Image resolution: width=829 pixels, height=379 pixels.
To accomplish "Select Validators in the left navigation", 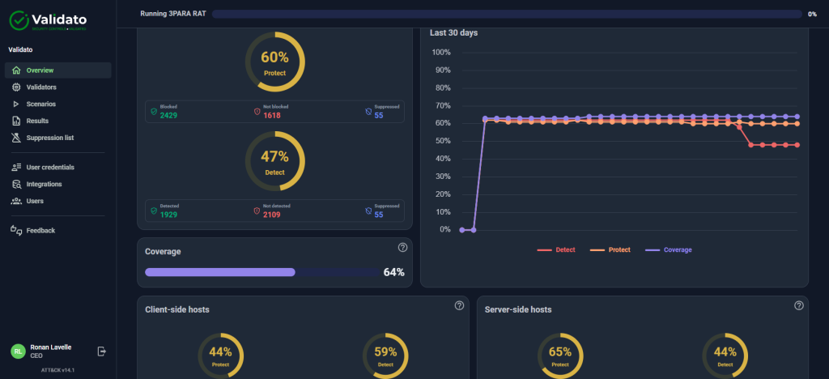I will click(40, 87).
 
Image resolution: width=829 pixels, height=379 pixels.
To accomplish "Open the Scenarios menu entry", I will click(40, 104).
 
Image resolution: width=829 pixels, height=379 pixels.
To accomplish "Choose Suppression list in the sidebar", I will click(49, 138).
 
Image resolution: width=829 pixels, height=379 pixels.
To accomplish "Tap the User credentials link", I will click(49, 167).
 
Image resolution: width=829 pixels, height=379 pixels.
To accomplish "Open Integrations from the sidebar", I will click(44, 184).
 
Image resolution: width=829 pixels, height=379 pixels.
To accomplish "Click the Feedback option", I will click(40, 230).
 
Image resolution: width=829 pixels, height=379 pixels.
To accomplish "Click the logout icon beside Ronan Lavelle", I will click(102, 351).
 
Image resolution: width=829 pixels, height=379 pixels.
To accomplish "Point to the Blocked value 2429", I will click(168, 116).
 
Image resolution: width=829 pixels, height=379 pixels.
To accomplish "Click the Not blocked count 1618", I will click(272, 116).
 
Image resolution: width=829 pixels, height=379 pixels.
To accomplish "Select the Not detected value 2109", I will click(272, 215).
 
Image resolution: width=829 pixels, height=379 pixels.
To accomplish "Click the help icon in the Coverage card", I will click(402, 248).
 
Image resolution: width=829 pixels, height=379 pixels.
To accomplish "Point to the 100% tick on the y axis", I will click(441, 53).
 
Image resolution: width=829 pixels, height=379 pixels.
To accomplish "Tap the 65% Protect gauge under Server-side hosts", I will click(559, 356).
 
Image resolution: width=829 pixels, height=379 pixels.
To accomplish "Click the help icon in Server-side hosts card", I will click(799, 305).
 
